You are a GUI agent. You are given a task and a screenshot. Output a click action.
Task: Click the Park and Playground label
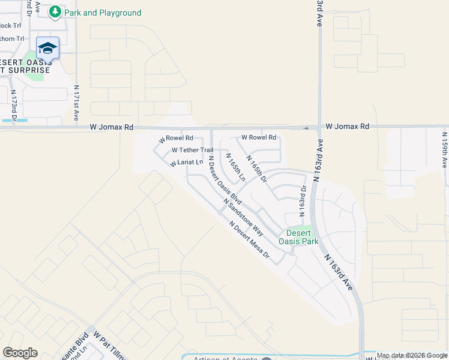pos(103,13)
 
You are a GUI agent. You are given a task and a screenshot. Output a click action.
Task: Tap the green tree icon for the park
pos(55,11)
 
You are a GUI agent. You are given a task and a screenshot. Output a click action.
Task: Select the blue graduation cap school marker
pos(48,47)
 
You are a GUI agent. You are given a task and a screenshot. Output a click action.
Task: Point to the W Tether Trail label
pos(192,150)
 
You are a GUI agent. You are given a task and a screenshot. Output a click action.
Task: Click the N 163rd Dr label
pos(303,200)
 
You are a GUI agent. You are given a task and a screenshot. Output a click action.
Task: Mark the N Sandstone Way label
pos(243,217)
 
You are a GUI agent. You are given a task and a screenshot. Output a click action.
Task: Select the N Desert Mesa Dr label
pos(250,239)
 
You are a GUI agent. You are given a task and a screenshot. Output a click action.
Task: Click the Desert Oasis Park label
pos(298,237)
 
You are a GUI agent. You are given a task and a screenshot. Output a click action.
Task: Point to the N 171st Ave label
pos(77,104)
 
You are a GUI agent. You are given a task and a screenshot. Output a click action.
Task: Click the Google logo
pos(20,352)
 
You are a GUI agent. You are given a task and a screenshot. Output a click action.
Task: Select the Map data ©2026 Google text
pos(412,356)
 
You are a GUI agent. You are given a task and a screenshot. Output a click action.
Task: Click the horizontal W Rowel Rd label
pos(259,137)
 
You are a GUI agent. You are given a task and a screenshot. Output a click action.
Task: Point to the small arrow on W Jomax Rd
pos(307,128)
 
